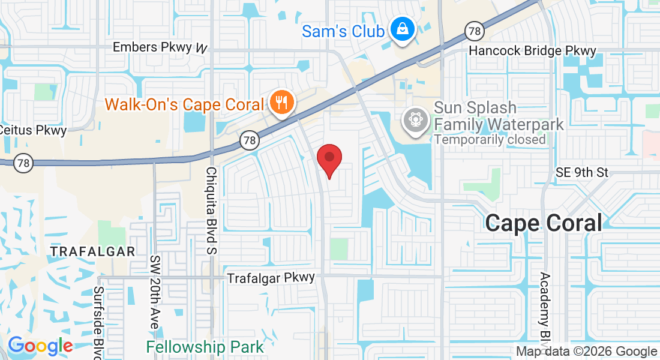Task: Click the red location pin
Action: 329,159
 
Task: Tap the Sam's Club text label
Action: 343,31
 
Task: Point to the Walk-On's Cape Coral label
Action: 184,104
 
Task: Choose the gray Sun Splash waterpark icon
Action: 415,119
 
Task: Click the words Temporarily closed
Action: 490,139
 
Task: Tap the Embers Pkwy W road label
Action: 160,47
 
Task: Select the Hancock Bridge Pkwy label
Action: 532,50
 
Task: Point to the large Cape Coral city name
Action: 543,223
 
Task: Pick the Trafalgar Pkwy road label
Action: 271,278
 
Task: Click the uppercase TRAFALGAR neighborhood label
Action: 92,251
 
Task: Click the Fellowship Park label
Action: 205,347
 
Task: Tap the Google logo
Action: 40,346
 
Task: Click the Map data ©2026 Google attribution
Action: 587,352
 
